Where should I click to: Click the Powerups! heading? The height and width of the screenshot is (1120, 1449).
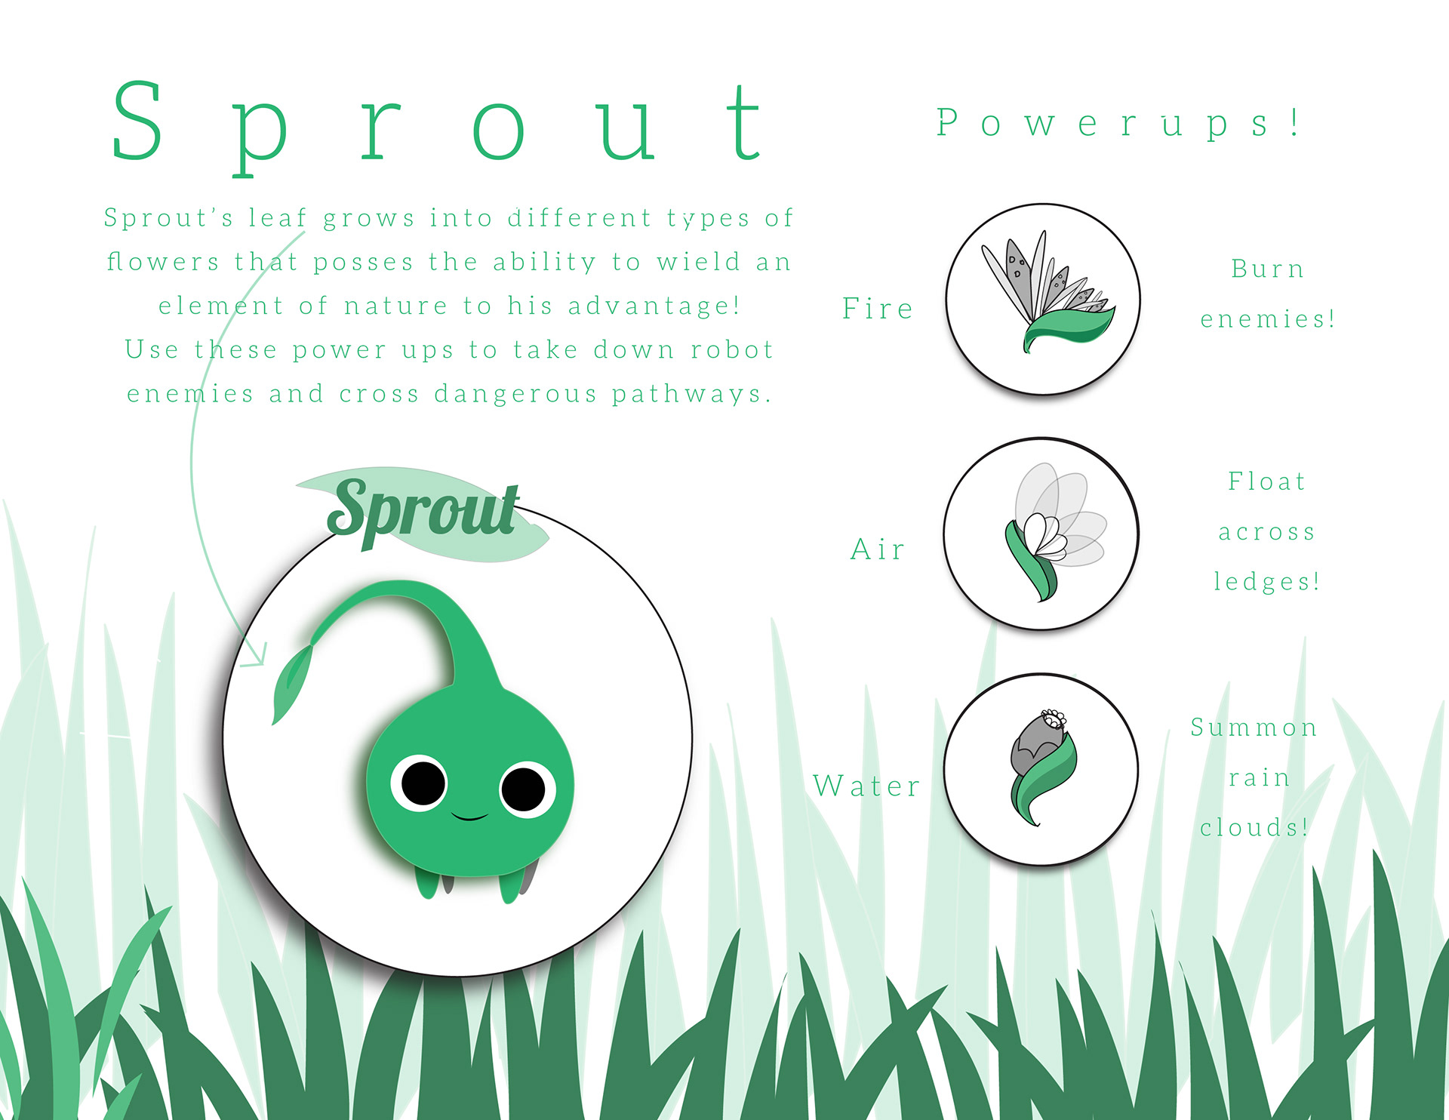coord(1118,123)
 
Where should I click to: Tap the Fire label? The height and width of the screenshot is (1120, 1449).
coord(878,308)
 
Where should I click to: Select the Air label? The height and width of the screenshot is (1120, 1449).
coord(878,549)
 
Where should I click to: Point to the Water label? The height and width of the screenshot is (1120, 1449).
coord(866,786)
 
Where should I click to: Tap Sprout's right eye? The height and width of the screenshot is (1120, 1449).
coord(526,790)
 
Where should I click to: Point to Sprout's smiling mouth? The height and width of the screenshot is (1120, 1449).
coord(469,817)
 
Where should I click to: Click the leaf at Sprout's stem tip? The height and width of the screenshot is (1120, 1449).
coord(291,684)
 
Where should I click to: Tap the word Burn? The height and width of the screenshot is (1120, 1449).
coord(1267,269)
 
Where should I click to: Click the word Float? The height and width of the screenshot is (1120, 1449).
coord(1266,481)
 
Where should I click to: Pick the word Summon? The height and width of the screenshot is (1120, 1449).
coord(1254,727)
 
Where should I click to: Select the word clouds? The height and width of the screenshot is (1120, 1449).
coord(1254,827)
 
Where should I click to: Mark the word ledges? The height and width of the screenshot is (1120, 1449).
coord(1267,581)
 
